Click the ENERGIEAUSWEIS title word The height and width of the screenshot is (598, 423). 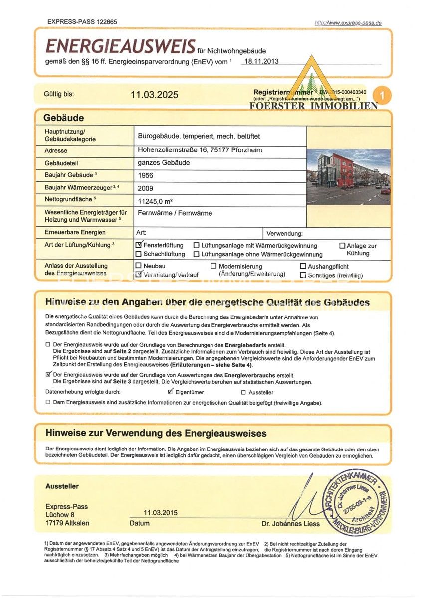[x=120, y=46]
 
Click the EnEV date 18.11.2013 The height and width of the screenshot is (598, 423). [x=259, y=61]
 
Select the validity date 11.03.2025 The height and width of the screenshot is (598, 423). [x=154, y=95]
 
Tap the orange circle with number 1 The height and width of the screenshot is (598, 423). [x=382, y=94]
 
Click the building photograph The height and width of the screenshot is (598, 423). [x=348, y=176]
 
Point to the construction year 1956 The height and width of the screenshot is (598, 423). [x=146, y=175]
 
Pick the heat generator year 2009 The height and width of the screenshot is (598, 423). [x=146, y=188]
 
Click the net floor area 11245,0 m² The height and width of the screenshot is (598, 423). [x=155, y=201]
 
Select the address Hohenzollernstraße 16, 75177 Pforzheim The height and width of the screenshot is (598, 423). [x=200, y=150]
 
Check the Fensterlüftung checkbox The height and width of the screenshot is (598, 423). [x=139, y=245]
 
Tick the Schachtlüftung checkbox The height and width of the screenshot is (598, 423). [x=139, y=254]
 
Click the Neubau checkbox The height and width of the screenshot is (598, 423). [x=139, y=266]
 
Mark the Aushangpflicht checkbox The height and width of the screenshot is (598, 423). [x=303, y=267]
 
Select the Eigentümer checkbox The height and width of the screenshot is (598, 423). [x=171, y=392]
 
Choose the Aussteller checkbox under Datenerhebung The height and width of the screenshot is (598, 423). [x=243, y=393]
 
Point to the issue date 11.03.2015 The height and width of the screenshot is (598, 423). [x=160, y=512]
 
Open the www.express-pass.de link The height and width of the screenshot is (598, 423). [x=348, y=23]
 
